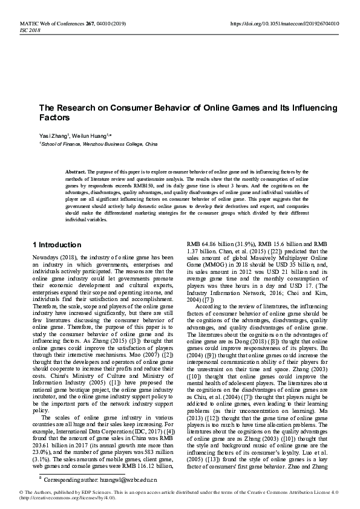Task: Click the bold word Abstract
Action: (x=76, y=172)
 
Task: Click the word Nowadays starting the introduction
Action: (x=45, y=258)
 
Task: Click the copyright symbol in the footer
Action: (x=4, y=493)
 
